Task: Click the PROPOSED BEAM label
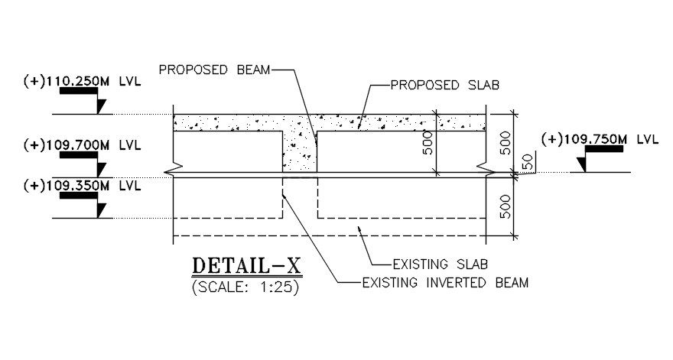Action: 214,70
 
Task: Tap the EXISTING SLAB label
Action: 440,264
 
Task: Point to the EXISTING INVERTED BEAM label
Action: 445,283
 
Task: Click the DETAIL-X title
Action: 247,266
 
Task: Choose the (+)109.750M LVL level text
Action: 600,139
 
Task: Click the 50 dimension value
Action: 525,162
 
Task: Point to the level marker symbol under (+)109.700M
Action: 85,163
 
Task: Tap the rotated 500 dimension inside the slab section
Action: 428,144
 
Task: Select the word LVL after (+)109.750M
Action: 647,139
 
